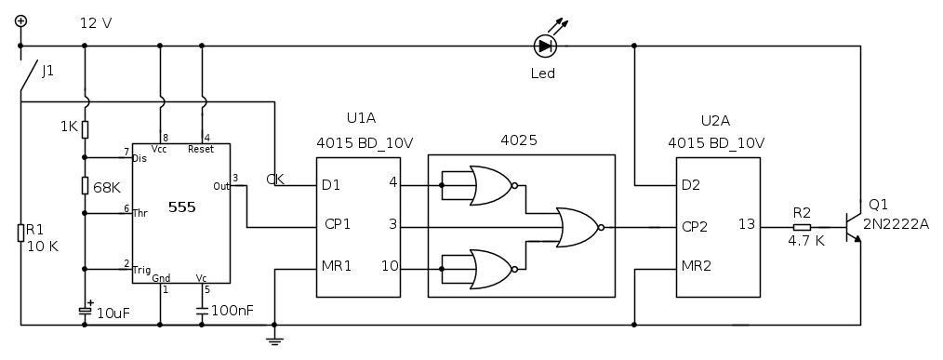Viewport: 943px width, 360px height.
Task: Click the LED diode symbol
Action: (x=546, y=46)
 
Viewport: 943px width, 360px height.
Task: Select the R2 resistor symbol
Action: (x=802, y=228)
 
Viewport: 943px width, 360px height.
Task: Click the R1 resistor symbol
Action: (x=21, y=233)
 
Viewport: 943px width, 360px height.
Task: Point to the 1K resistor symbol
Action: (x=85, y=128)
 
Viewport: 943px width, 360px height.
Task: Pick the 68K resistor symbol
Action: (x=85, y=185)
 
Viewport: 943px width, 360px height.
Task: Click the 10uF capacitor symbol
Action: (x=85, y=311)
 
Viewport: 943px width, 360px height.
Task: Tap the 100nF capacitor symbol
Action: (x=202, y=312)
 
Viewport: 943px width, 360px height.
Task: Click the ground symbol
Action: (x=274, y=340)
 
